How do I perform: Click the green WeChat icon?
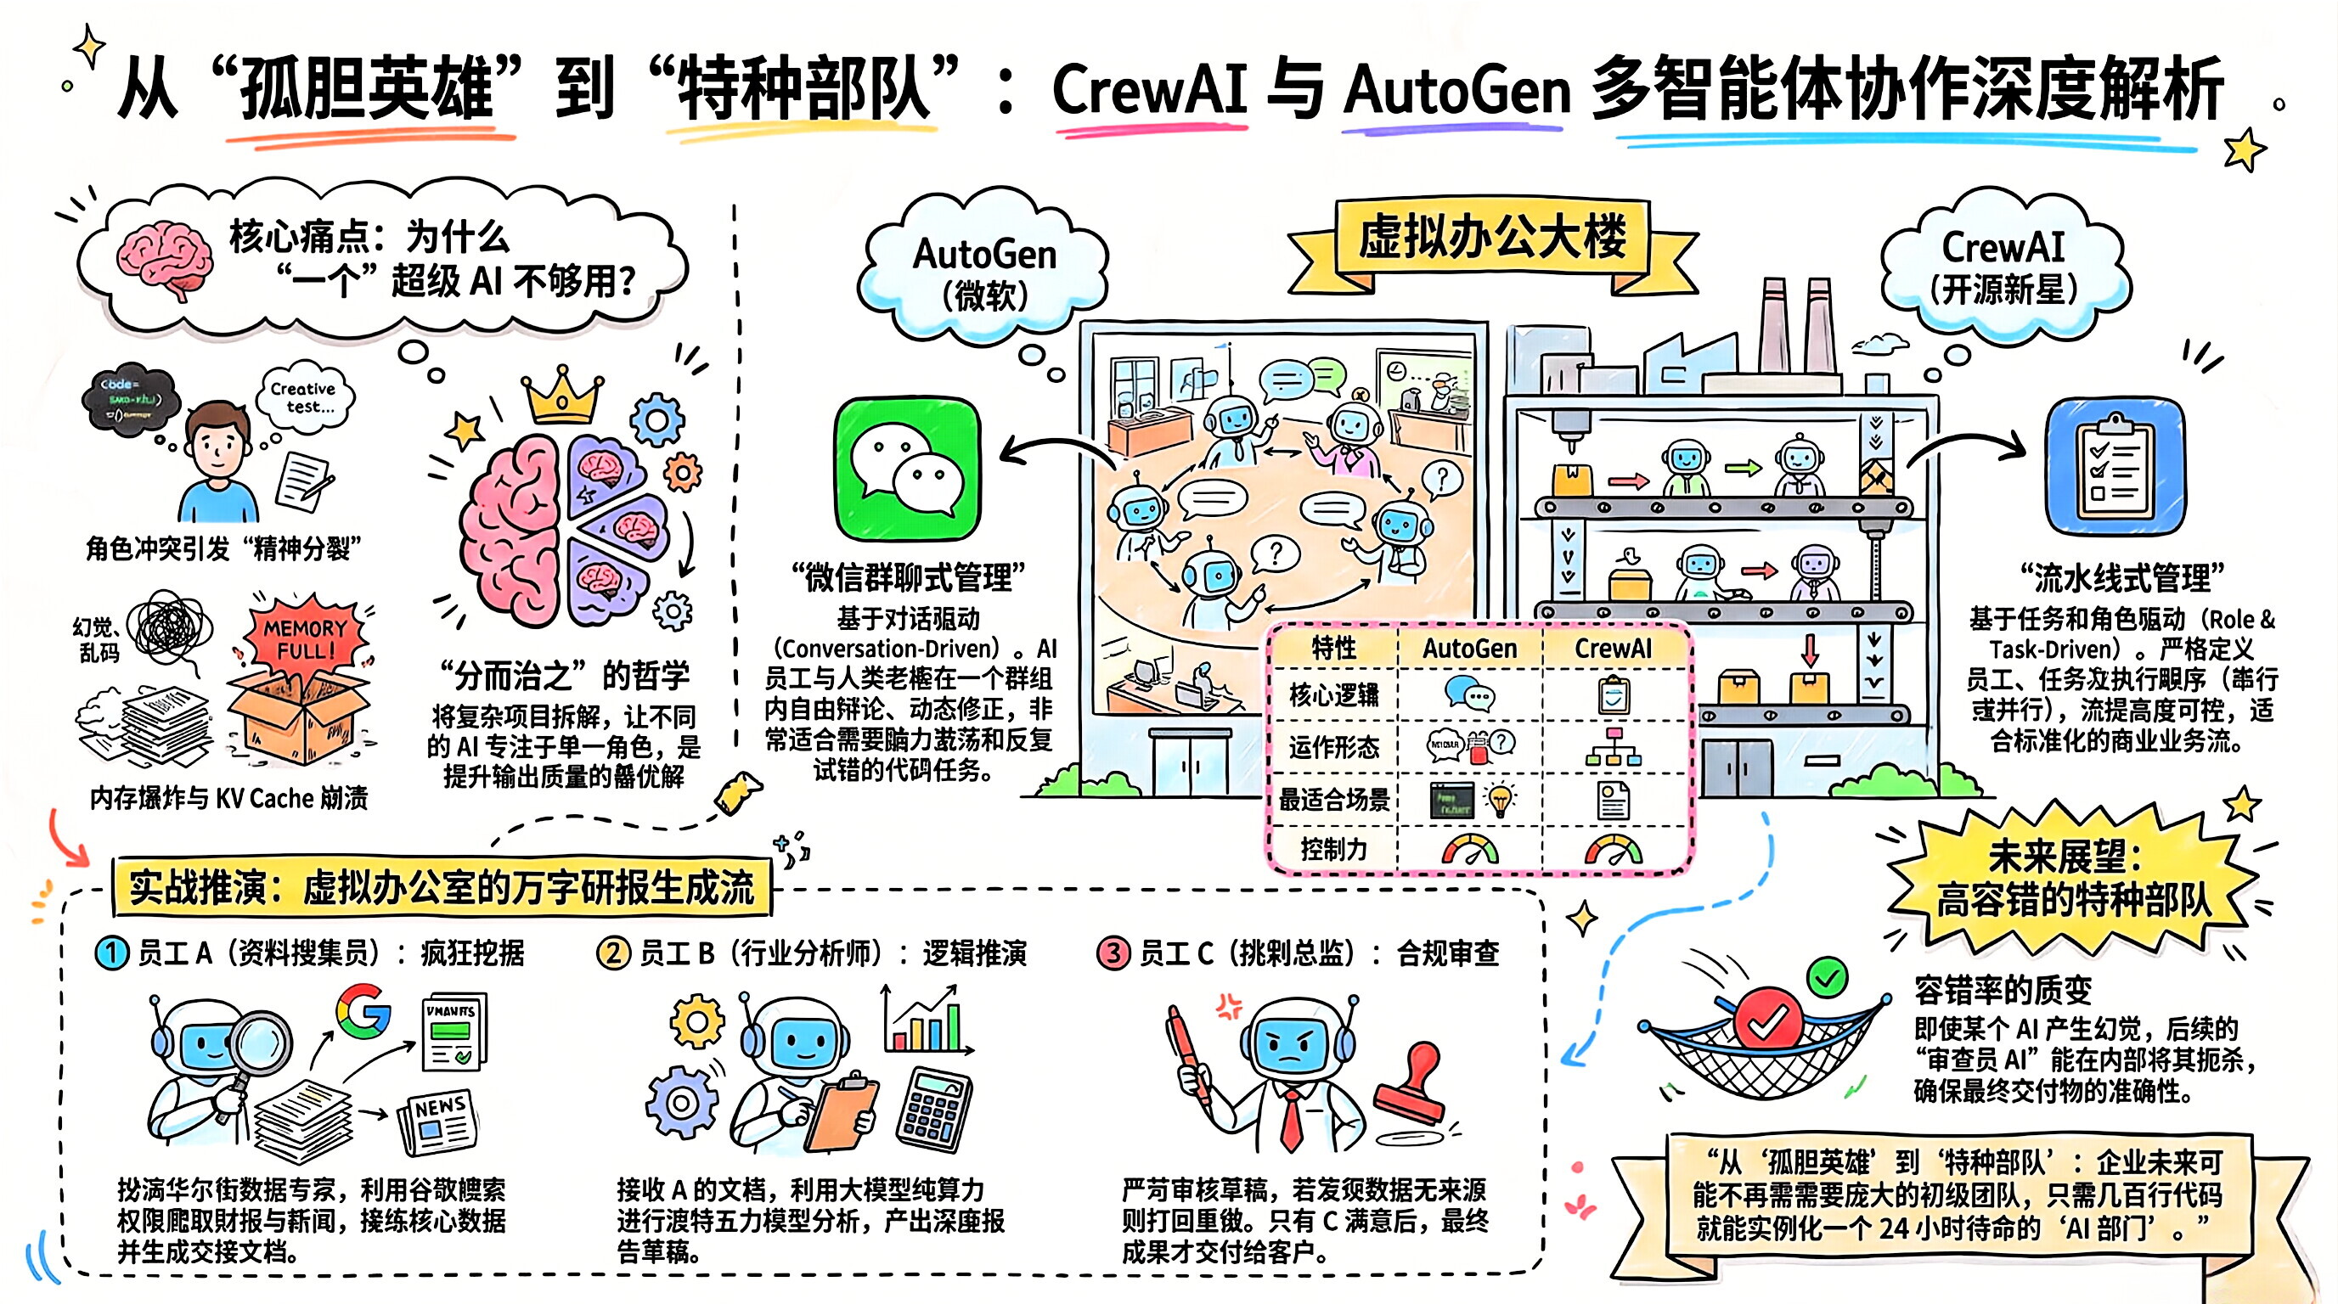click(x=907, y=469)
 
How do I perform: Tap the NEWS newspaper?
click(x=439, y=1121)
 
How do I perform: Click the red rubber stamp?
click(x=1411, y=1085)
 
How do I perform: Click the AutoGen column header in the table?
click(x=1469, y=648)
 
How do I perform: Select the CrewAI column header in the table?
click(x=1613, y=648)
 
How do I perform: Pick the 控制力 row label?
click(x=1332, y=849)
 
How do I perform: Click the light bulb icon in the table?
click(x=1500, y=800)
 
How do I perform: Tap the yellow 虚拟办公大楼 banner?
click(x=1492, y=239)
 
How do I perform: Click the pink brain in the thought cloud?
click(x=166, y=258)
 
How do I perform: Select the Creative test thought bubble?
click(x=305, y=396)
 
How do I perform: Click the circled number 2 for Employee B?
click(x=612, y=953)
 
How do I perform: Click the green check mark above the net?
click(x=1826, y=977)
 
